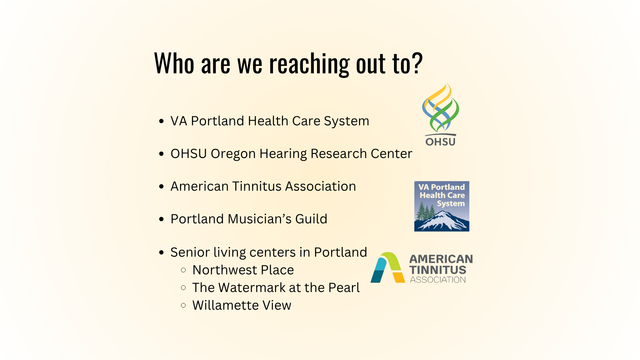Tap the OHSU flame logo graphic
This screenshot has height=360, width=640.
[x=440, y=107]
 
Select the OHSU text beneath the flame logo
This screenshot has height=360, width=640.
[x=440, y=142]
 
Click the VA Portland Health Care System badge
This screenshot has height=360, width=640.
[x=442, y=206]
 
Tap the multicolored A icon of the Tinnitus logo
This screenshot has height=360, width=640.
[x=388, y=267]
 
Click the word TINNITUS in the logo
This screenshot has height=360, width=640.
[x=438, y=270]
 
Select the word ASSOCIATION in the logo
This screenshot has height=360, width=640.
[x=438, y=280]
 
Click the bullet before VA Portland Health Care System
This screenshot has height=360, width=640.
[x=162, y=121]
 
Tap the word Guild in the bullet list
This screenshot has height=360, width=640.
[x=311, y=219]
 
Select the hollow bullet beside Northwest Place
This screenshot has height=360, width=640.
[x=183, y=270]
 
